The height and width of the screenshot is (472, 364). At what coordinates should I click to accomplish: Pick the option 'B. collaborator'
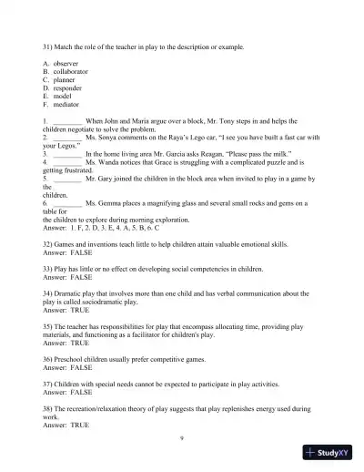click(68, 72)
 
